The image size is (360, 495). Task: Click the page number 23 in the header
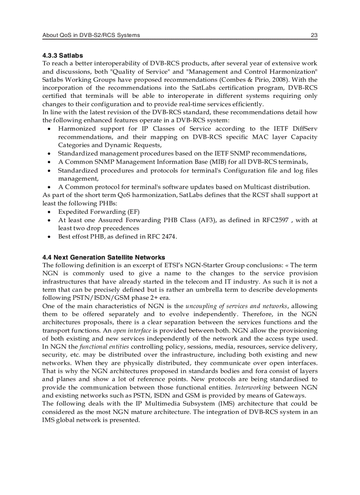click(x=314, y=35)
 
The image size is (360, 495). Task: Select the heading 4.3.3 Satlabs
click(x=60, y=56)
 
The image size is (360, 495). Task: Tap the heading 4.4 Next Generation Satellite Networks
click(x=104, y=257)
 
